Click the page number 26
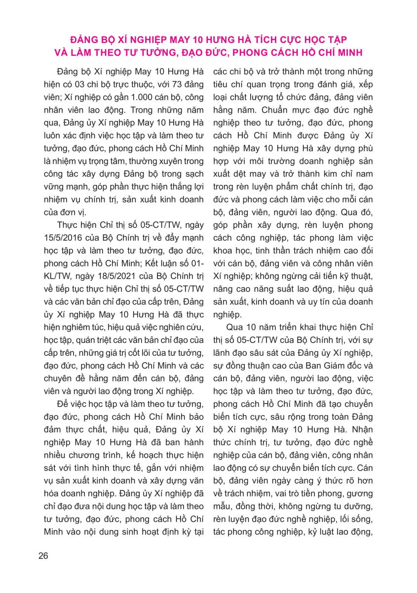(43, 556)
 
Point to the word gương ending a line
(360, 495)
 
